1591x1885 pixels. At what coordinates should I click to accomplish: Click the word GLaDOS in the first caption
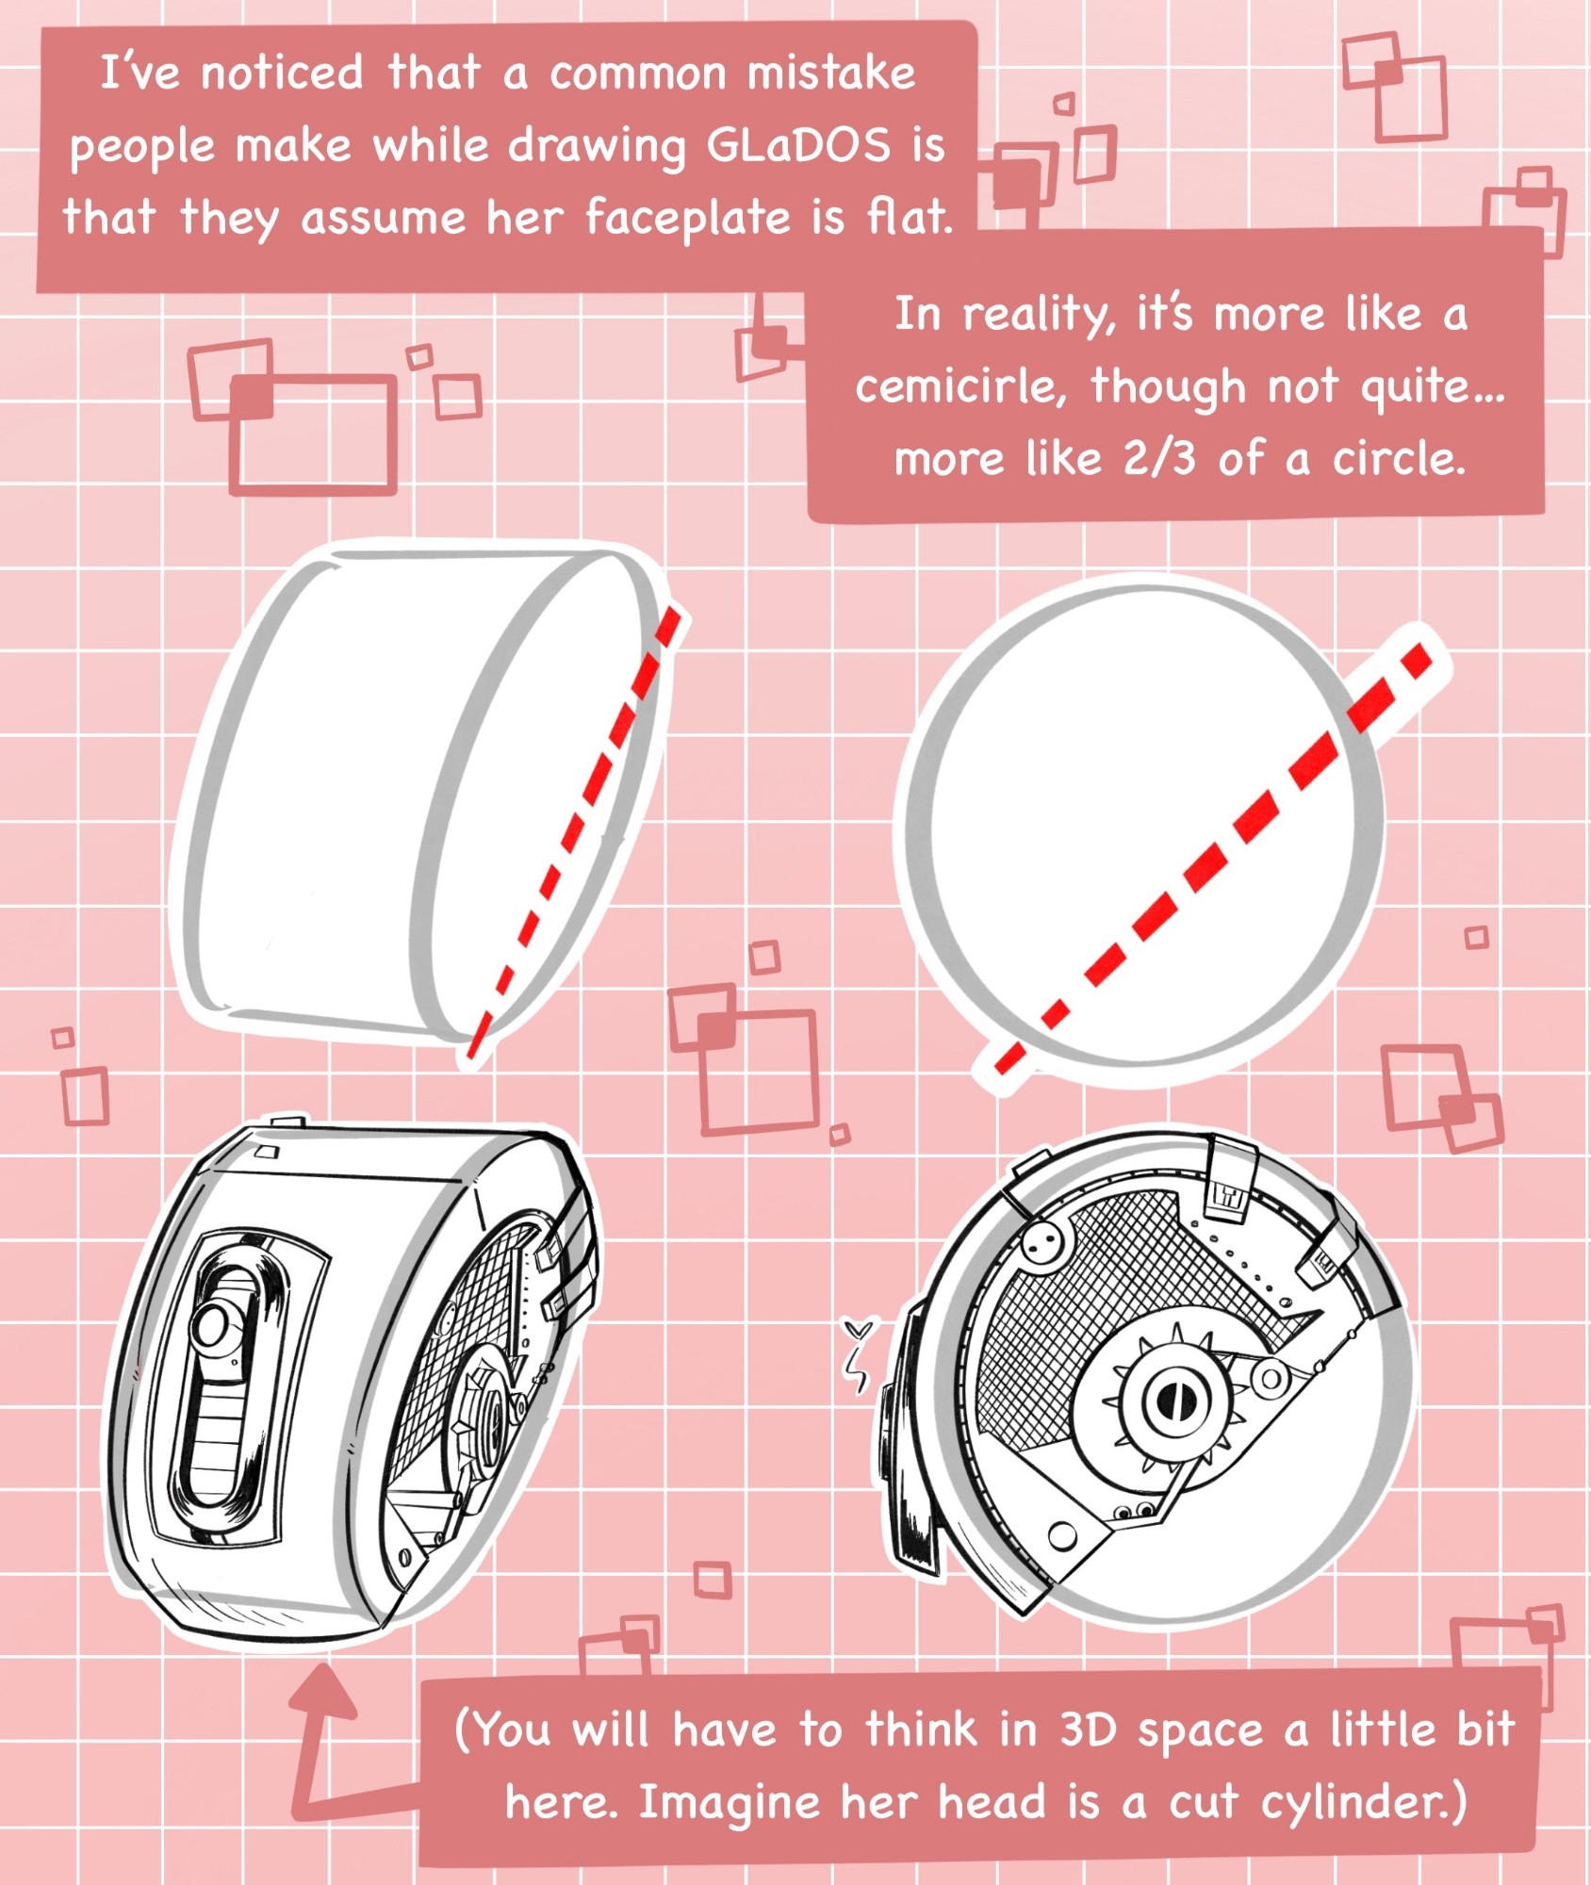(x=797, y=145)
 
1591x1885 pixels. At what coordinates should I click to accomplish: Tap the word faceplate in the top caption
(x=687, y=218)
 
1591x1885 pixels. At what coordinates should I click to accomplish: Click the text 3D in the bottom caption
(x=1089, y=1729)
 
